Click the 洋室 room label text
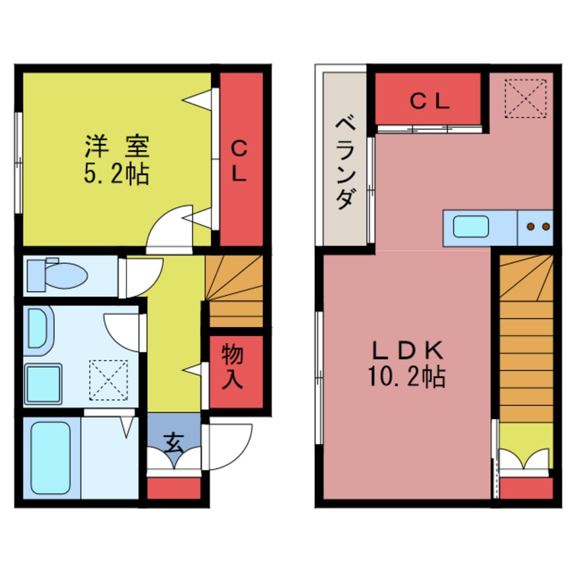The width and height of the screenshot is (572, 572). (116, 145)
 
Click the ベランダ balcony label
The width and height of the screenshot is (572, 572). (345, 162)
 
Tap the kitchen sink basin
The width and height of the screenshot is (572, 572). (471, 227)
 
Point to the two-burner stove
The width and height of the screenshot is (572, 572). (537, 227)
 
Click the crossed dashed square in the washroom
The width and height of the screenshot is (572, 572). (109, 379)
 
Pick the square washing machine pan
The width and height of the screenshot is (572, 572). (43, 383)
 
